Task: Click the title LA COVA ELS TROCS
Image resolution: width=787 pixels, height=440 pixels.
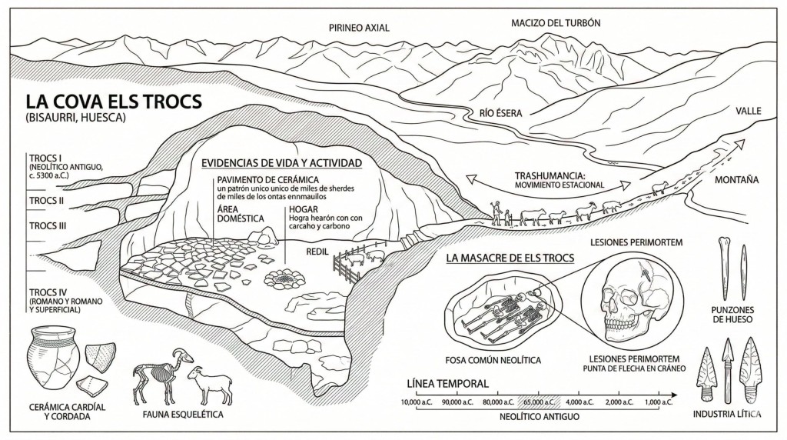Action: click(x=114, y=102)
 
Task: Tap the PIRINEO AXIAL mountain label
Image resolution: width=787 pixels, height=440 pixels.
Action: click(x=359, y=28)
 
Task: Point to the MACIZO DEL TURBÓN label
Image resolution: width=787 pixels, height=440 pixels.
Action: click(x=556, y=23)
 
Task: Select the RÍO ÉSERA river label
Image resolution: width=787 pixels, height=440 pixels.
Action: click(x=500, y=114)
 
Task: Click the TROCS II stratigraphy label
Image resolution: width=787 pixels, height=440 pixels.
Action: click(x=46, y=201)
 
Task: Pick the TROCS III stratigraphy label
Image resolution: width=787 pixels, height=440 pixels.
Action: click(x=48, y=226)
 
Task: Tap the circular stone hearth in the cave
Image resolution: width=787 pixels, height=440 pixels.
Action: click(x=285, y=277)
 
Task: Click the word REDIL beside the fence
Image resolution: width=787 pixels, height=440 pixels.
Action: click(x=317, y=251)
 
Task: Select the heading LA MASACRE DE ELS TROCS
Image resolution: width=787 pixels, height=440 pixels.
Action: click(x=510, y=258)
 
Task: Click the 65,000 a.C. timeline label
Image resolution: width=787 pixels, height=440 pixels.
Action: click(x=539, y=402)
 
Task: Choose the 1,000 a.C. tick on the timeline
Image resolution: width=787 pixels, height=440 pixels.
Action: click(x=659, y=395)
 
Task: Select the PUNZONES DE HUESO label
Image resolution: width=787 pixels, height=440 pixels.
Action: click(x=732, y=315)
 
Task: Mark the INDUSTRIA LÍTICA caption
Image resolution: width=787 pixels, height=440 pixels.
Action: click(x=727, y=415)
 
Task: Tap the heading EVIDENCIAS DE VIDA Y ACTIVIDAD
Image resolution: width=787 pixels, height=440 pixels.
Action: click(x=281, y=163)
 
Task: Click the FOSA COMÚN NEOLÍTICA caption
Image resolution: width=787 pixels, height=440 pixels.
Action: click(x=493, y=360)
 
